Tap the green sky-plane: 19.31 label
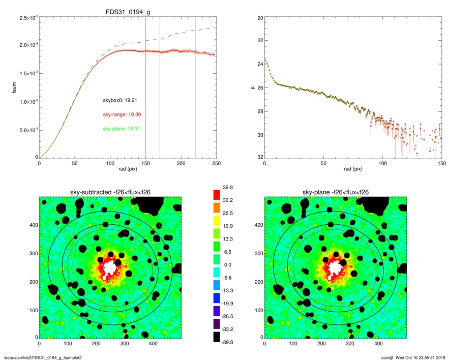[x=122, y=129]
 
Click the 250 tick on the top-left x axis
[x=216, y=164]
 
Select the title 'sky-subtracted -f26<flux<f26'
[x=110, y=192]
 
